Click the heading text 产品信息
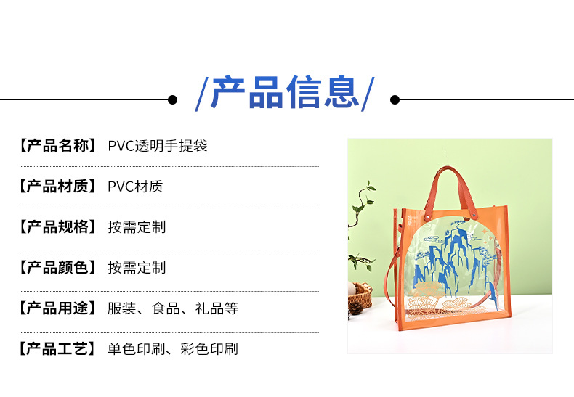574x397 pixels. (x=286, y=92)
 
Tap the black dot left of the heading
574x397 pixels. (x=172, y=99)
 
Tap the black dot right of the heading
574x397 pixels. (x=395, y=99)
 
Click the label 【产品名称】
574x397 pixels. (x=57, y=145)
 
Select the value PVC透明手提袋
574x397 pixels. (x=158, y=145)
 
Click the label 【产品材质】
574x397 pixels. (x=57, y=186)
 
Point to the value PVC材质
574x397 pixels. (x=135, y=186)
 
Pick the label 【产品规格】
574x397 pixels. (x=57, y=226)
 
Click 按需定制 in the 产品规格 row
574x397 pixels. (x=137, y=226)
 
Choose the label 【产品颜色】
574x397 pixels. (x=57, y=267)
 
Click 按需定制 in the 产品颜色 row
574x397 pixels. (x=137, y=267)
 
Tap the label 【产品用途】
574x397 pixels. (x=57, y=308)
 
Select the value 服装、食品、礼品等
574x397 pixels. (x=173, y=308)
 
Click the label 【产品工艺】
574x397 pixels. (x=57, y=348)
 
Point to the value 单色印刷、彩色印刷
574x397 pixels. (x=173, y=348)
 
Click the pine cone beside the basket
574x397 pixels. (x=355, y=308)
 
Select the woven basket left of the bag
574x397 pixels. (x=360, y=295)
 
